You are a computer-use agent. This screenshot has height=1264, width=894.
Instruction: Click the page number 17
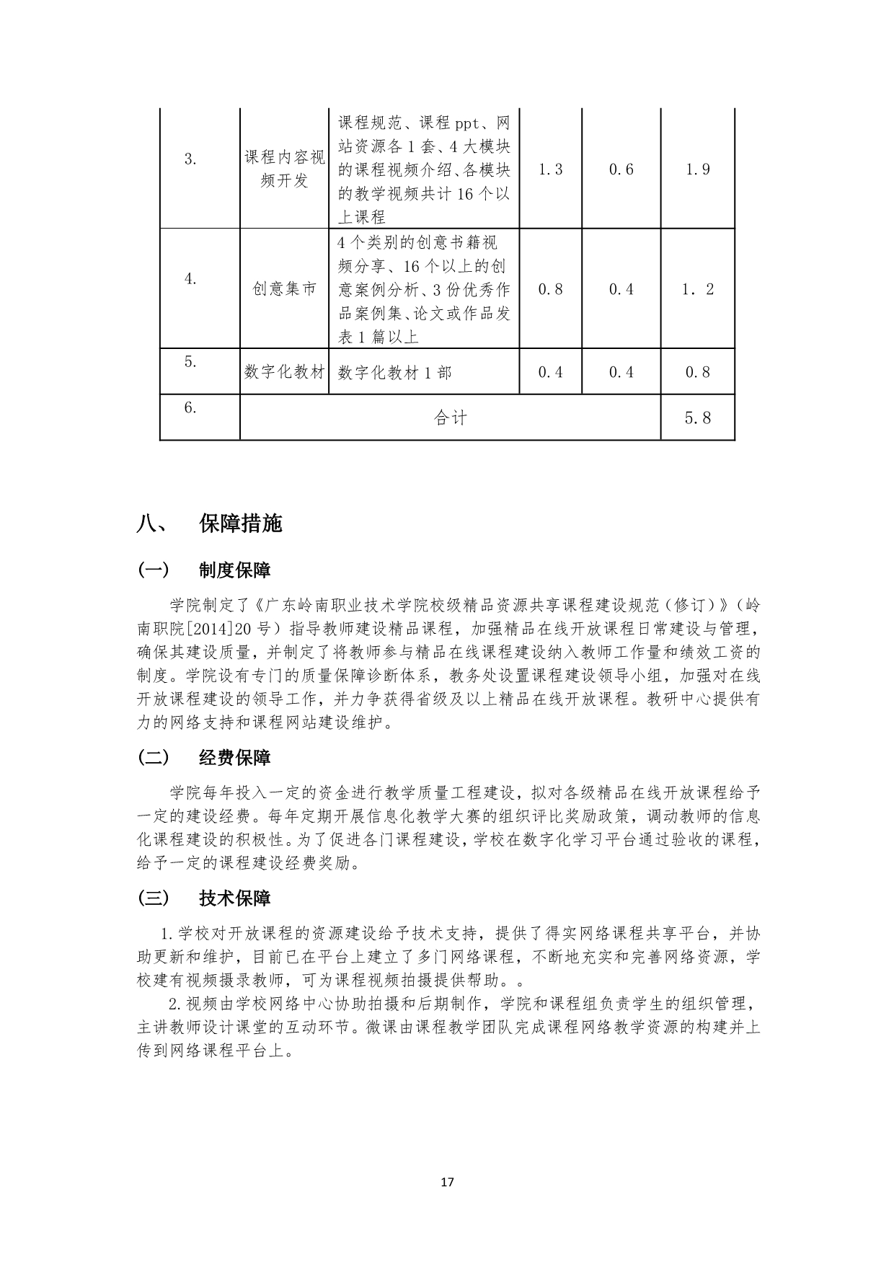click(447, 1182)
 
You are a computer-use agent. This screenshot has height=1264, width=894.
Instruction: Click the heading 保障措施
click(241, 523)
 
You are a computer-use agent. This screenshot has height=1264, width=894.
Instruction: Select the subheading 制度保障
click(235, 570)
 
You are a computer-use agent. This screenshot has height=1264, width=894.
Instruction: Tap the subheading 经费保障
click(235, 758)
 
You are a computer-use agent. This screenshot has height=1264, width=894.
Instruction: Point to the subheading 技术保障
click(235, 898)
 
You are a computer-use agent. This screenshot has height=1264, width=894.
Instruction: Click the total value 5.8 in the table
click(697, 417)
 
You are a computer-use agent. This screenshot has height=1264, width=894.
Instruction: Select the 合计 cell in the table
click(451, 417)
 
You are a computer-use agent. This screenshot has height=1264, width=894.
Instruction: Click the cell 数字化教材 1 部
click(395, 372)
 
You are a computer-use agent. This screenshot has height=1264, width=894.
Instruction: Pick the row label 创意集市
click(284, 289)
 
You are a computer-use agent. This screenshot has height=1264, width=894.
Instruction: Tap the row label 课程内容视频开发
click(284, 169)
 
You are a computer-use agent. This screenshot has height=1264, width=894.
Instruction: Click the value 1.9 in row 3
click(697, 169)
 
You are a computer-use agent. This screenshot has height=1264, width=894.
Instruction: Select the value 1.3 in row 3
click(550, 169)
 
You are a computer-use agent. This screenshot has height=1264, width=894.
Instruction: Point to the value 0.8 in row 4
click(550, 289)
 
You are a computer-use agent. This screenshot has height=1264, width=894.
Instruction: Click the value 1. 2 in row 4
click(697, 289)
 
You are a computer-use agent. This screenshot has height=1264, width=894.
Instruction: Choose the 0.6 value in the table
click(621, 169)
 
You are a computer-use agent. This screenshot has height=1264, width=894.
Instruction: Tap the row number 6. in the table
click(190, 407)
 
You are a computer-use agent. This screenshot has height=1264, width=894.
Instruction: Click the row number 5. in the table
click(190, 362)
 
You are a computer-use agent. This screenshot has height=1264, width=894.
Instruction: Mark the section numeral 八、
click(151, 524)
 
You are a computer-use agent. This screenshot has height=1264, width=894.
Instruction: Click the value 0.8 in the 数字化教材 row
click(697, 372)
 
